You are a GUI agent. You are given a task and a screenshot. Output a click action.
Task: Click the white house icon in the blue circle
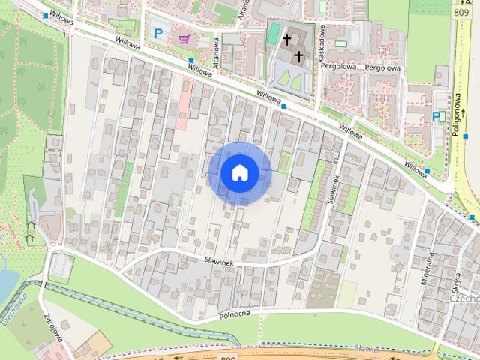pyautogui.click(x=240, y=173)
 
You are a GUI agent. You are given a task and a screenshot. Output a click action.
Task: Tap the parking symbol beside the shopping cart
pyautogui.click(x=158, y=33)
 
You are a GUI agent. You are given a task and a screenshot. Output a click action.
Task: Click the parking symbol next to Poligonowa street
pyautogui.click(x=437, y=116)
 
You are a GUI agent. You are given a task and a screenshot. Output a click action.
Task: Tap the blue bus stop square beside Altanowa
pyautogui.click(x=191, y=61)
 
